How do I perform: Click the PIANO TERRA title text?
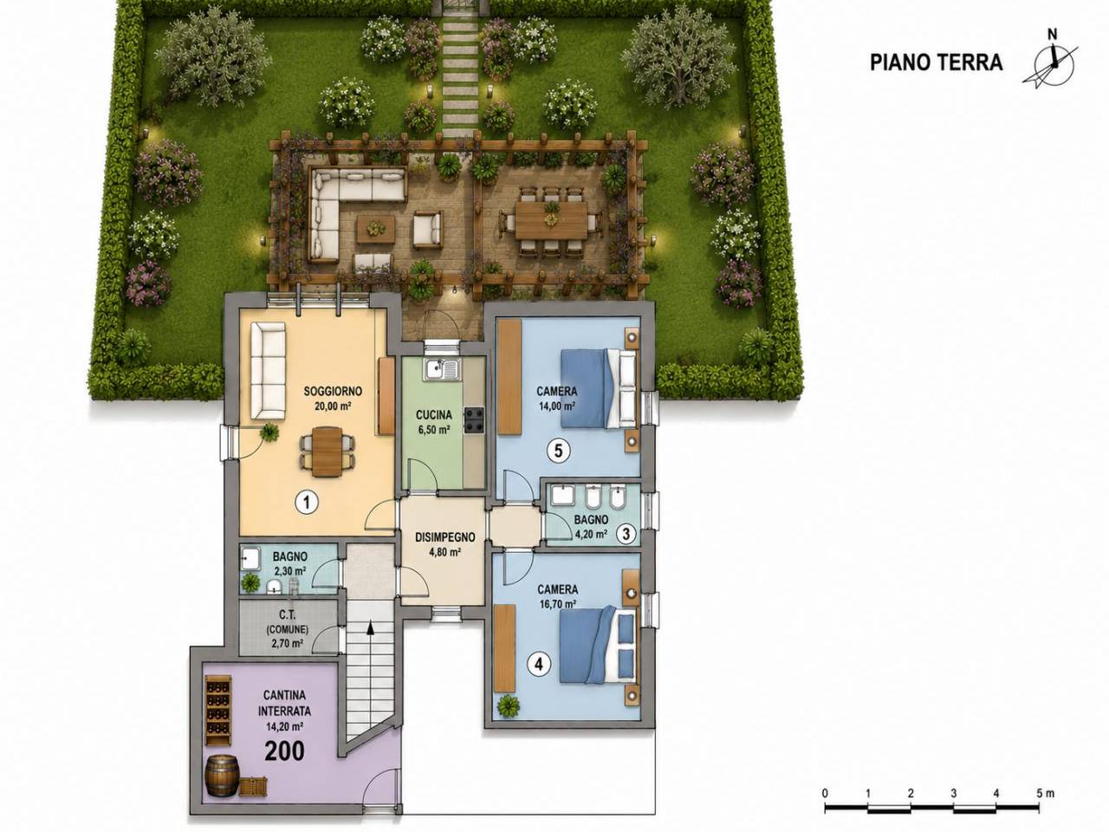936,62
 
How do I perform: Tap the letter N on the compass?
1048,35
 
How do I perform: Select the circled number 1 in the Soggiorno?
306,502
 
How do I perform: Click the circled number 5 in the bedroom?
558,451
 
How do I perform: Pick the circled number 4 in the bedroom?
539,664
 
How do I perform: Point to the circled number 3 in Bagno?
626,534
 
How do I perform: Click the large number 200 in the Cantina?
284,751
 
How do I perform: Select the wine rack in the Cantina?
218,711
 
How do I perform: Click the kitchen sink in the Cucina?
442,370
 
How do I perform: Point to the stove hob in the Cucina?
474,420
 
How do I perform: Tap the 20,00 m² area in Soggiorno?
333,405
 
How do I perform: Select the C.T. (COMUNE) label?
288,623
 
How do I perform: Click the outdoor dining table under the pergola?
551,221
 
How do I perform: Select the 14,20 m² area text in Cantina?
284,726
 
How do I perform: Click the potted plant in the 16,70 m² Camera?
508,705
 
